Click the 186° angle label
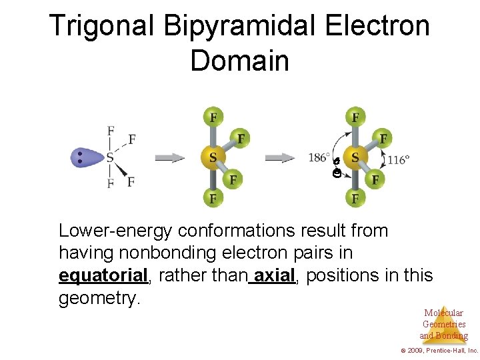pos(319,158)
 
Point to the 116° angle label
pos(398,159)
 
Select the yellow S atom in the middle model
pos(212,158)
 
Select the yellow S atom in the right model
pos(355,158)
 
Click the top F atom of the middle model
pos(213,118)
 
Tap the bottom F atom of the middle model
pos(213,198)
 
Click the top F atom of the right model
pos(355,118)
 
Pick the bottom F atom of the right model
pos(355,198)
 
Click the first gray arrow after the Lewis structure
pos(170,158)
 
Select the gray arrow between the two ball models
pos(280,158)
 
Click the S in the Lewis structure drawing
pos(109,158)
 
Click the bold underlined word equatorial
pos(103,275)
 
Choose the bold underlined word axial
pos(275,275)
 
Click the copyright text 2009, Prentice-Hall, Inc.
pos(441,350)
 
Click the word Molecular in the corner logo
pos(443,313)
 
